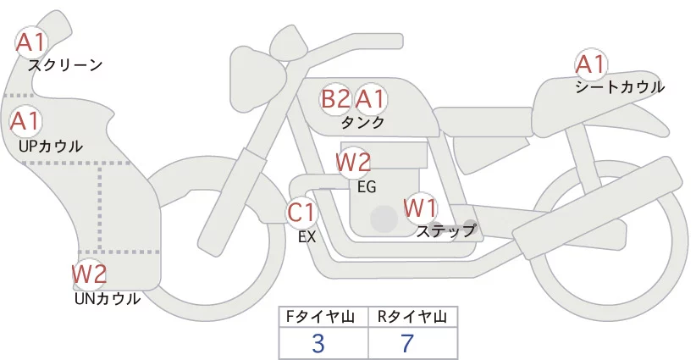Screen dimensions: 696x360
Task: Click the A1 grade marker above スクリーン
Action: click(x=31, y=42)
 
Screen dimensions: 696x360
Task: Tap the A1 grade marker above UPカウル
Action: click(x=25, y=121)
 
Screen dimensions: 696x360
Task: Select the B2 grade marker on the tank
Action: click(x=336, y=98)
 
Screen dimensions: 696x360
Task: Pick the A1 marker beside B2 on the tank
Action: click(x=370, y=98)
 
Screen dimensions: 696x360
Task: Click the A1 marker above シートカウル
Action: click(x=590, y=64)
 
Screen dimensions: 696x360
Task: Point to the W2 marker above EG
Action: click(x=353, y=163)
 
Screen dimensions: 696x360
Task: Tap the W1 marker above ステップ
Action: click(x=420, y=208)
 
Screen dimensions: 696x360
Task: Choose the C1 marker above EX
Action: click(x=301, y=212)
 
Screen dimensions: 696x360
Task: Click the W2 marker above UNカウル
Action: click(x=90, y=274)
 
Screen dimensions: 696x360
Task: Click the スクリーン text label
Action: click(x=65, y=66)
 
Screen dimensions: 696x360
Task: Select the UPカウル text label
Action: click(x=51, y=146)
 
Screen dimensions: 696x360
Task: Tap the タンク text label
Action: click(x=362, y=123)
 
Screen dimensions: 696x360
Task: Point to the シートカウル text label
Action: click(x=620, y=86)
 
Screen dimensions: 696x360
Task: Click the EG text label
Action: click(x=367, y=187)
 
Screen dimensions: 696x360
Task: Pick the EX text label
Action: click(x=307, y=237)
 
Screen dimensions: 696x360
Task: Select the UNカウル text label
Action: click(x=108, y=299)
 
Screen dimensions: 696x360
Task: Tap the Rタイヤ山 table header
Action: click(x=413, y=317)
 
